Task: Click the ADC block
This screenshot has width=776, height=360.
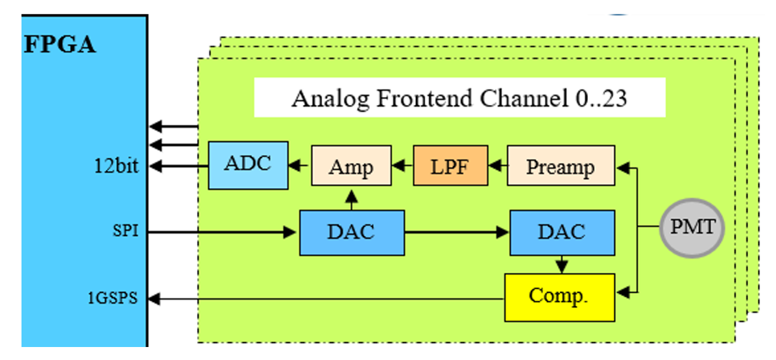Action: pos(248,165)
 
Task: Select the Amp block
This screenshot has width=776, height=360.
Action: pos(352,165)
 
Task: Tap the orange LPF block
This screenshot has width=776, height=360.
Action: pos(450,165)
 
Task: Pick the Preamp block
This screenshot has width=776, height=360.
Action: pos(561,165)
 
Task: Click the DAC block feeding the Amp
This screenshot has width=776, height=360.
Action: pos(352,232)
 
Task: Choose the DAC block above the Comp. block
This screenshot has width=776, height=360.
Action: pos(563,232)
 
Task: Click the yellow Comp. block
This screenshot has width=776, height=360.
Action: pos(560,297)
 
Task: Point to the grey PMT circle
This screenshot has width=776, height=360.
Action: pos(692,228)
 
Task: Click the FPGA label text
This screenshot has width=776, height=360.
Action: pos(60,45)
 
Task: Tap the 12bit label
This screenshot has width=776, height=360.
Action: pos(117,166)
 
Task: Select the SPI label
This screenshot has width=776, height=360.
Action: pos(125,231)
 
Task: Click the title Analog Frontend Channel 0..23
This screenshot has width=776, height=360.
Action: pos(459,98)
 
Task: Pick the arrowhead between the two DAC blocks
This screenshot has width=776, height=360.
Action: pos(504,232)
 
